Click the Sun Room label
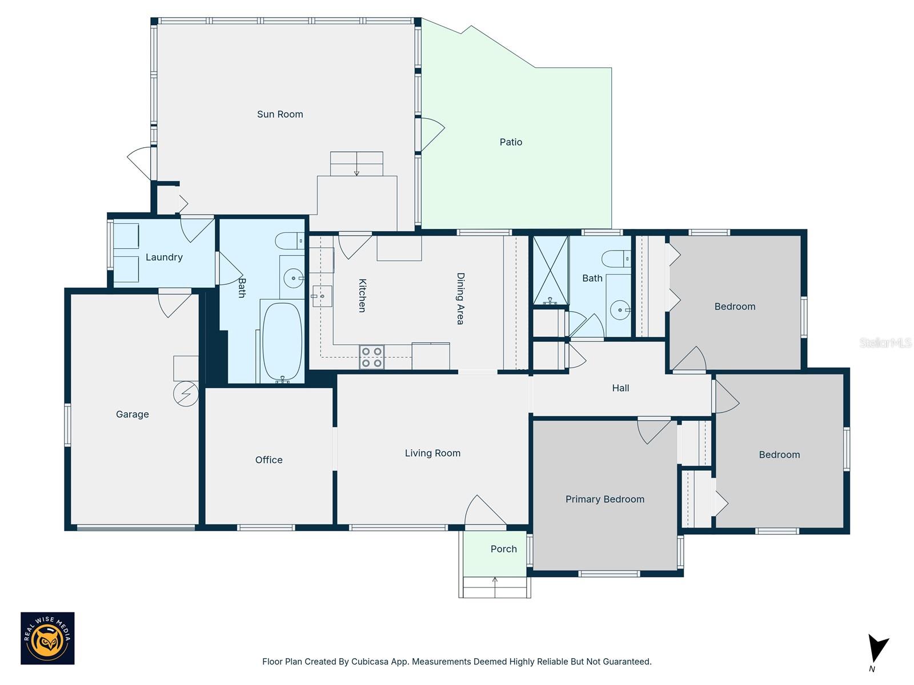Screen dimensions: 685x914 pyautogui.click(x=280, y=114)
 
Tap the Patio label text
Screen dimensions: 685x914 pyautogui.click(x=511, y=142)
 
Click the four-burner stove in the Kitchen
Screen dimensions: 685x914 pyautogui.click(x=371, y=357)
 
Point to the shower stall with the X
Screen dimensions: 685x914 pyautogui.click(x=551, y=271)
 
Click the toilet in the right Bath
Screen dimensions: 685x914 pyautogui.click(x=616, y=258)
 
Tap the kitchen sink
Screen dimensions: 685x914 pyautogui.click(x=322, y=296)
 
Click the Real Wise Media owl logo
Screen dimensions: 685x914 pyautogui.click(x=47, y=638)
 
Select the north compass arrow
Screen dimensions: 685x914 pyautogui.click(x=877, y=650)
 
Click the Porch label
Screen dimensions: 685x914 pyautogui.click(x=503, y=549)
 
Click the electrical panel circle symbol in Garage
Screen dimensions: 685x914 pyautogui.click(x=186, y=394)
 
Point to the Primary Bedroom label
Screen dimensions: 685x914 pyautogui.click(x=604, y=499)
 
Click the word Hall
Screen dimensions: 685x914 pyautogui.click(x=620, y=388)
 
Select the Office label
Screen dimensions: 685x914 pyautogui.click(x=268, y=460)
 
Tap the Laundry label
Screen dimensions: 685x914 pyautogui.click(x=164, y=257)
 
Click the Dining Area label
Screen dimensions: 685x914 pyautogui.click(x=460, y=299)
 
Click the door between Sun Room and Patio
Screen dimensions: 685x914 pyautogui.click(x=431, y=135)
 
